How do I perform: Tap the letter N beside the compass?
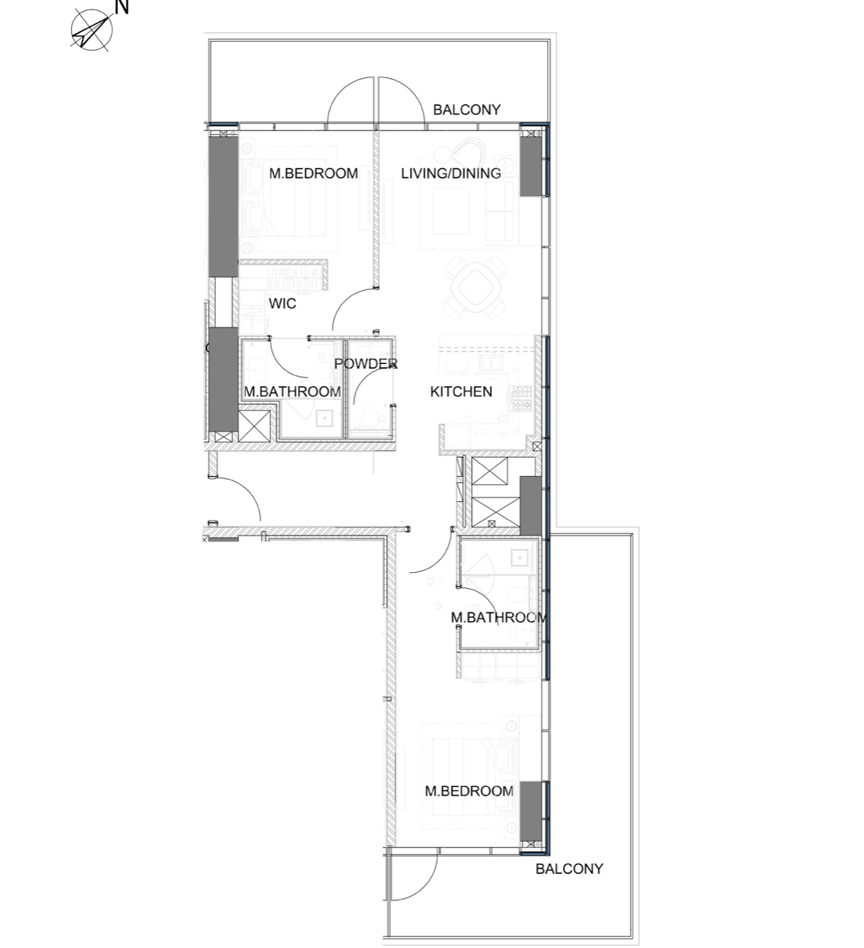tap(122, 7)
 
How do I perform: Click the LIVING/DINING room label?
tap(451, 174)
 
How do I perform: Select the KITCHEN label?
tap(461, 391)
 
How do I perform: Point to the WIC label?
tap(283, 303)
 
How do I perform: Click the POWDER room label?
tap(365, 364)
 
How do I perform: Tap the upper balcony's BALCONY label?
tap(466, 110)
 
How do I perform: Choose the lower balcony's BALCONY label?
tap(569, 869)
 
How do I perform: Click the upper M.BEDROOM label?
tap(313, 174)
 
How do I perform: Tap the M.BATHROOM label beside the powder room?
tap(292, 392)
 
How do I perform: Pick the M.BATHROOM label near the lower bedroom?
tap(499, 617)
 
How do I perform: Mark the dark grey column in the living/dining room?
tap(531, 166)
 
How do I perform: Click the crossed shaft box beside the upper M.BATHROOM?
tap(254, 426)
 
